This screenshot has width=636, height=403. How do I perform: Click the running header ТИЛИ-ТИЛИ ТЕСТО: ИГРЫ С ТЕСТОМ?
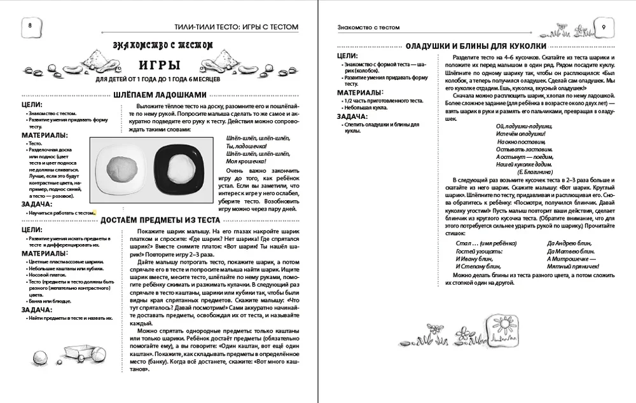(x=232, y=26)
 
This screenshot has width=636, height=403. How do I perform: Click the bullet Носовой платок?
(x=49, y=274)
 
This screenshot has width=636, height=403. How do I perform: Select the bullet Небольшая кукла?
(x=364, y=107)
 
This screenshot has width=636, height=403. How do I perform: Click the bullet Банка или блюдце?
(x=50, y=301)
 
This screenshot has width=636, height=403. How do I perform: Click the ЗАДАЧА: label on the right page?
(x=353, y=116)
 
